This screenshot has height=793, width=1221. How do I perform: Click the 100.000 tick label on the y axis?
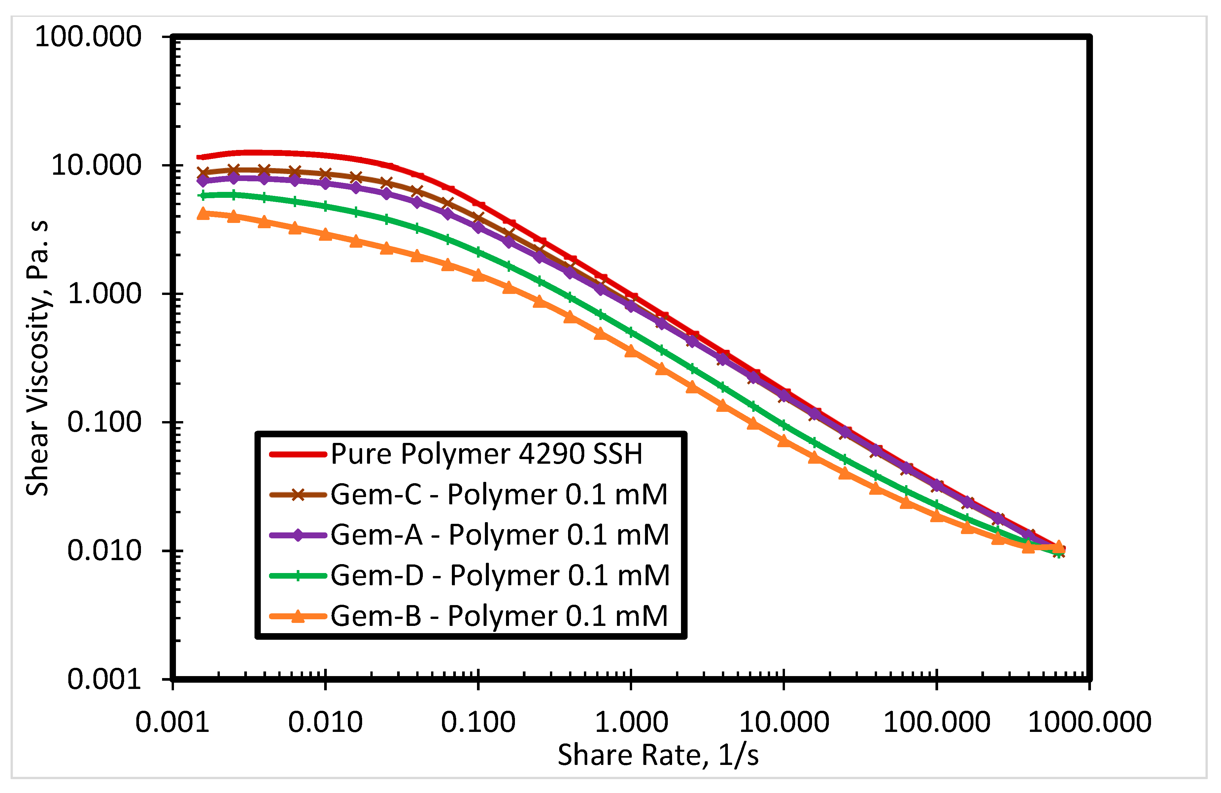pos(88,37)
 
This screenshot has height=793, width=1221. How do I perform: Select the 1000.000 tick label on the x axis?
pos(1090,722)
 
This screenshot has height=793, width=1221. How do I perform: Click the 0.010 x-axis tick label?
pos(325,722)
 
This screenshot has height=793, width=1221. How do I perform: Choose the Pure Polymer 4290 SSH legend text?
pos(486,454)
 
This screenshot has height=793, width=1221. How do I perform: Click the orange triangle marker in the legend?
pos(297,615)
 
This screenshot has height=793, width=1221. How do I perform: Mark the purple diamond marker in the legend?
pos(297,535)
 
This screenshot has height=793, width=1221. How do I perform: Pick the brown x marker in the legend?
pos(297,495)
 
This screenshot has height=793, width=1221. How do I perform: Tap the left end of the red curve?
pos(199,157)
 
